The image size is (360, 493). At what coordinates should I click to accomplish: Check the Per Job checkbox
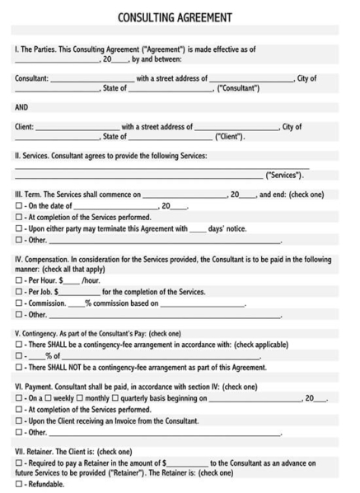click(x=18, y=315)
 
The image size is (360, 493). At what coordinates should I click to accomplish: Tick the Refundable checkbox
click(x=18, y=485)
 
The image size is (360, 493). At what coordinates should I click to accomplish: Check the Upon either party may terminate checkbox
click(x=18, y=228)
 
